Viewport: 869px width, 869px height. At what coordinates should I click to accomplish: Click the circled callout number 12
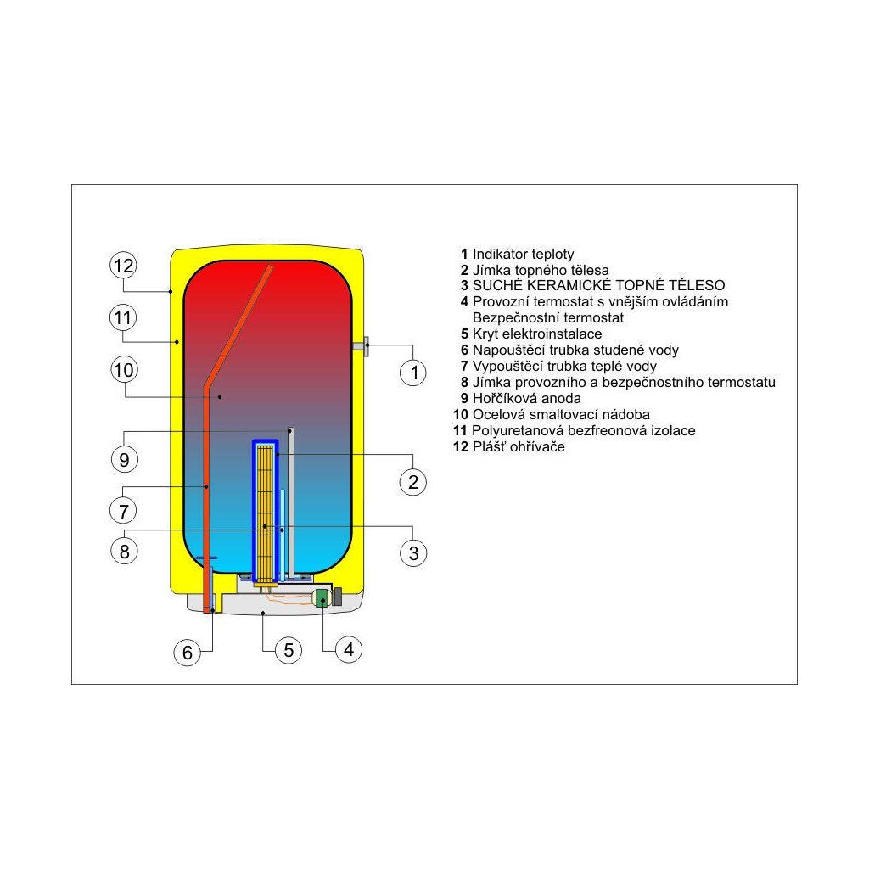pos(123,266)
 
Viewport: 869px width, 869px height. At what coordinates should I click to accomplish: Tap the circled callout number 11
pos(123,317)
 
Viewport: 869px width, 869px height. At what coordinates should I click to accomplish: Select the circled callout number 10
pos(124,370)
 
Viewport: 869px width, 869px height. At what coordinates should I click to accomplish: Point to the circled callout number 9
pos(124,459)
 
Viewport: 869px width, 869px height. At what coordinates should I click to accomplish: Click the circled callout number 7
pos(124,510)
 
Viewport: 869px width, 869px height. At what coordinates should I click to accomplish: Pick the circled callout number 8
pos(124,551)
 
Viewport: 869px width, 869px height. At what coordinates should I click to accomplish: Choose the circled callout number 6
pos(188,653)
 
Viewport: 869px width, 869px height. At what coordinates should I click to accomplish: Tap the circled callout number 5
pos(289,649)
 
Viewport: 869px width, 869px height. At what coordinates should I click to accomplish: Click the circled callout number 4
pos(349,649)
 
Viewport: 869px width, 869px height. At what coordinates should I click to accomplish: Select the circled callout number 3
pos(413,552)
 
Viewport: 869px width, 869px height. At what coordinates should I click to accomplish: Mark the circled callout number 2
pos(413,482)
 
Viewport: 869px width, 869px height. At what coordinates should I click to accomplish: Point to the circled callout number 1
pos(413,373)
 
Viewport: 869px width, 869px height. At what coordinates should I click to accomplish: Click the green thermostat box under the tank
pos(322,598)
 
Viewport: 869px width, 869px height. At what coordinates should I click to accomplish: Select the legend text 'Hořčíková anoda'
pos(526,399)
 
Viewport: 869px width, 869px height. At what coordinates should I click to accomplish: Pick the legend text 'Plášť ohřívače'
pos(519,446)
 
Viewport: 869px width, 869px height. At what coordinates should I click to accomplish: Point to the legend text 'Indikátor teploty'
pos(523,255)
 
